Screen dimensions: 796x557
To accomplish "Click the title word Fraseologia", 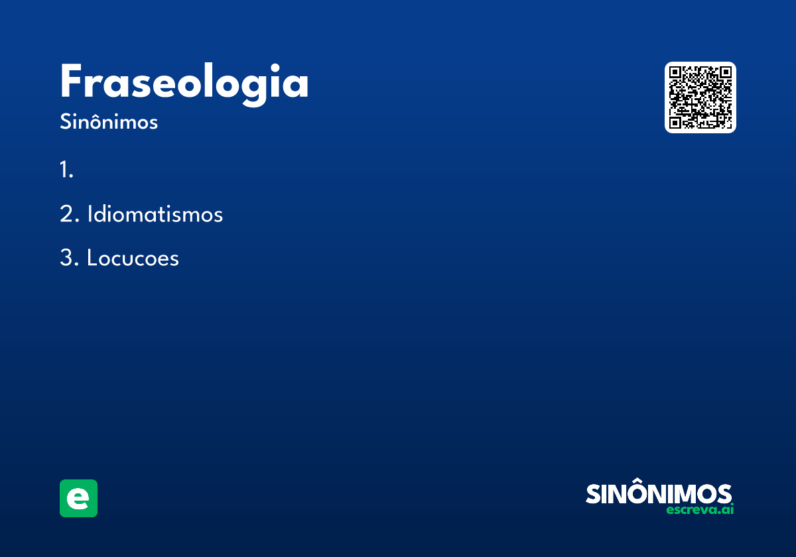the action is pos(184,84).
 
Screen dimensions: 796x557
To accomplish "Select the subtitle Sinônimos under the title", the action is pos(109,121).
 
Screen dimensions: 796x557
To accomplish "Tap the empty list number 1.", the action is pos(66,170).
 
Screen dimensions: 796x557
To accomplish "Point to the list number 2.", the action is pos(69,214).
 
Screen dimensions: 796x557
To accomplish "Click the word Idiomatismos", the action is pos(155,214).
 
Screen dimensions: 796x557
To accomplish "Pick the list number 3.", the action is pos(69,257).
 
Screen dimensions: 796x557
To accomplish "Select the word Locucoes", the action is pos(133,257).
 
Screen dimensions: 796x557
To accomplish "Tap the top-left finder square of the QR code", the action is pos(675,72).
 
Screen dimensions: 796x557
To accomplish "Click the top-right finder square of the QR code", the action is pos(726,72).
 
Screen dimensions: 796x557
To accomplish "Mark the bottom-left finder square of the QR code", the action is pos(675,123).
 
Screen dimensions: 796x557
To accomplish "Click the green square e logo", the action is pos(78,498).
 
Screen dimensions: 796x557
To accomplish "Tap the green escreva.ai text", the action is pos(700,509).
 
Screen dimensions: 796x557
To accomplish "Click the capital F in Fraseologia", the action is pos(72,81).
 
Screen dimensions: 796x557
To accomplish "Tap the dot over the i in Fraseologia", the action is pos(275,67).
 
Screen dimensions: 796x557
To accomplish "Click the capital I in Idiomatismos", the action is pos(90,214).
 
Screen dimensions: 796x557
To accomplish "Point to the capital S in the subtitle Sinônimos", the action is pos(66,121).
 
